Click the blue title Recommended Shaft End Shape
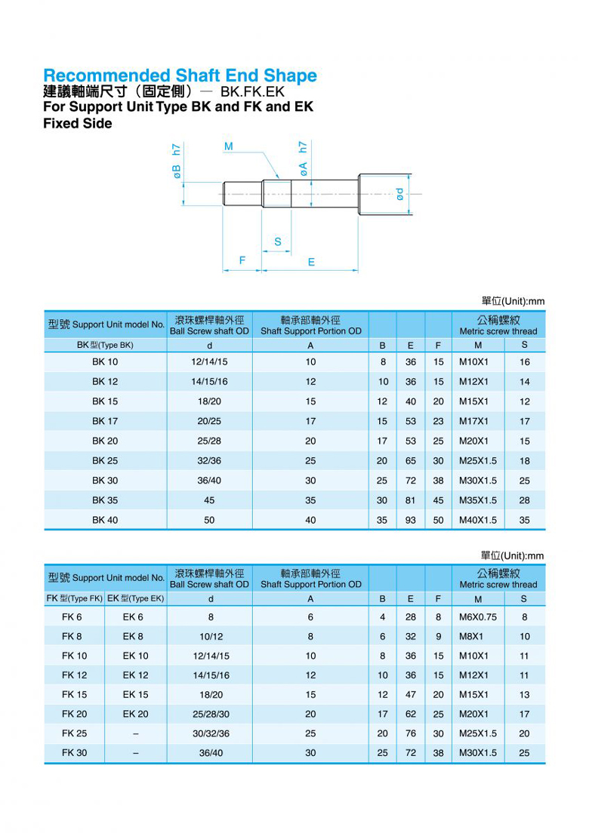pyautogui.click(x=180, y=75)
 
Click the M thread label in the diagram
pyautogui.click(x=228, y=146)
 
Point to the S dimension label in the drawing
pyautogui.click(x=278, y=242)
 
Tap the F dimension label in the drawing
pyautogui.click(x=242, y=261)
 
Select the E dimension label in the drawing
pyautogui.click(x=311, y=262)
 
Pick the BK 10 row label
pyautogui.click(x=105, y=362)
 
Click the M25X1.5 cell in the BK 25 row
pyautogui.click(x=478, y=461)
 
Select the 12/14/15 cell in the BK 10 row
pyautogui.click(x=209, y=362)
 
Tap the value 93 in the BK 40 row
pyautogui.click(x=410, y=520)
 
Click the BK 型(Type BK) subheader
pyautogui.click(x=105, y=345)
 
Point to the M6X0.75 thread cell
pyautogui.click(x=478, y=617)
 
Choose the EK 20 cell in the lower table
pyautogui.click(x=135, y=714)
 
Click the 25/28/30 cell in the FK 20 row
pyautogui.click(x=211, y=714)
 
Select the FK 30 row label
pyautogui.click(x=74, y=753)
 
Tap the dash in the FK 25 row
pyautogui.click(x=135, y=733)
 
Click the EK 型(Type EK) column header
pyautogui.click(x=135, y=598)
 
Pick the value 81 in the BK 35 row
pyautogui.click(x=410, y=500)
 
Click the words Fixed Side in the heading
pyautogui.click(x=78, y=124)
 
